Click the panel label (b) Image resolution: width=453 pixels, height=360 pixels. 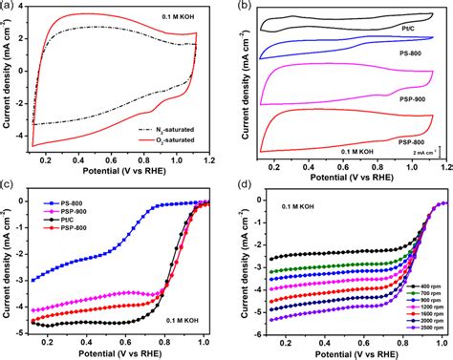[246, 8]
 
